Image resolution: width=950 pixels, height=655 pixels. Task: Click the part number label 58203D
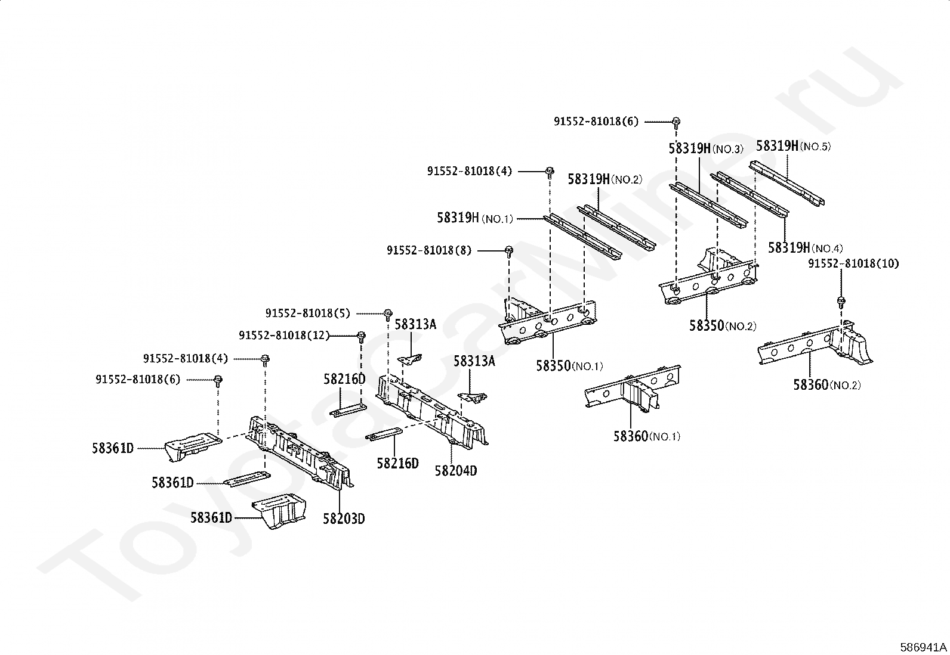pos(344,519)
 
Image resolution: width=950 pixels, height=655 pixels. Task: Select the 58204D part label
pos(456,471)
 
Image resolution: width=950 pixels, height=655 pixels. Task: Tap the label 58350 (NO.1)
pos(569,366)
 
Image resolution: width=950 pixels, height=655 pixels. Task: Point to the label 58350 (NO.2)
pos(723,326)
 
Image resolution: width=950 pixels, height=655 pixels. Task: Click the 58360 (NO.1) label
pos(646,436)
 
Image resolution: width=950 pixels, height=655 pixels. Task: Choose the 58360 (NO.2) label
pos(826,385)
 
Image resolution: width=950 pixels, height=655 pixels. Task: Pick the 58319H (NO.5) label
pos(793,146)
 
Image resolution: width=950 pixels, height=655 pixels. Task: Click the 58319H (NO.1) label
pos(475,218)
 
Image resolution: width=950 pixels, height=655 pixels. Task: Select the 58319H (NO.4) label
pos(805,248)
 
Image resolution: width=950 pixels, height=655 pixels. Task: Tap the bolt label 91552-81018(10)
pos(853,263)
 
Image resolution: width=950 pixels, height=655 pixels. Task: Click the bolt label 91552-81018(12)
pos(284,336)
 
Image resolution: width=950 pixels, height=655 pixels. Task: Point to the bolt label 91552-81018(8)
pos(428,251)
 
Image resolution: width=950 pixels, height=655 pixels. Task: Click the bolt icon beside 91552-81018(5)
pos(388,313)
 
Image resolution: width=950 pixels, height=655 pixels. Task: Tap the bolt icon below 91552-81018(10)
pos(841,301)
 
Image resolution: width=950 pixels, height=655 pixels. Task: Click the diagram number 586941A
pos(923,647)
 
